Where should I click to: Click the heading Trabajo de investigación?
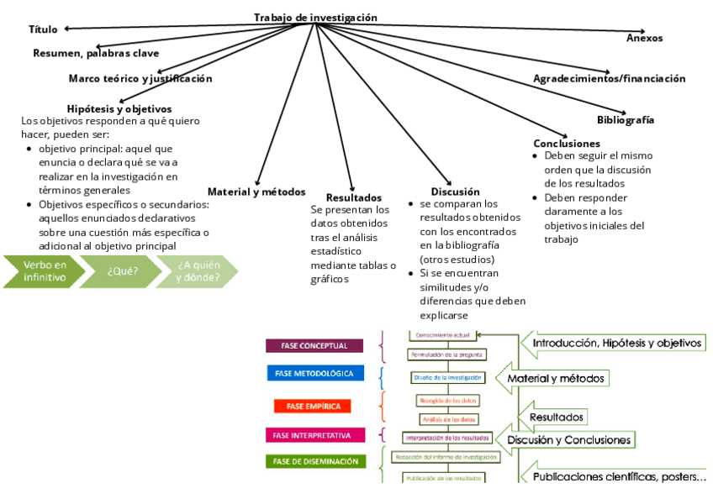(x=315, y=18)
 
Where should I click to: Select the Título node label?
(x=43, y=29)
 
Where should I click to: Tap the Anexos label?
(x=644, y=38)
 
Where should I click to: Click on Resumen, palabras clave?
(x=96, y=53)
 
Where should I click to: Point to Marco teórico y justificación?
(x=140, y=78)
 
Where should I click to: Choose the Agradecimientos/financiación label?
(x=609, y=78)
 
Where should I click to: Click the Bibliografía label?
(x=626, y=119)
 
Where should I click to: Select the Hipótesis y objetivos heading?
(x=119, y=108)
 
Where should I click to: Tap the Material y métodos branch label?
(x=256, y=192)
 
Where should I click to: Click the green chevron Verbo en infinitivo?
(x=45, y=271)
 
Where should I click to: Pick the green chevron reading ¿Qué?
(x=122, y=271)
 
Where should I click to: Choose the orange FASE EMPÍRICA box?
(x=313, y=406)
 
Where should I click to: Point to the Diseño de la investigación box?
(x=446, y=377)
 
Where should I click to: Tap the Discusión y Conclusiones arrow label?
(x=568, y=440)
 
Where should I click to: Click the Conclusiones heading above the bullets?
(x=567, y=144)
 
